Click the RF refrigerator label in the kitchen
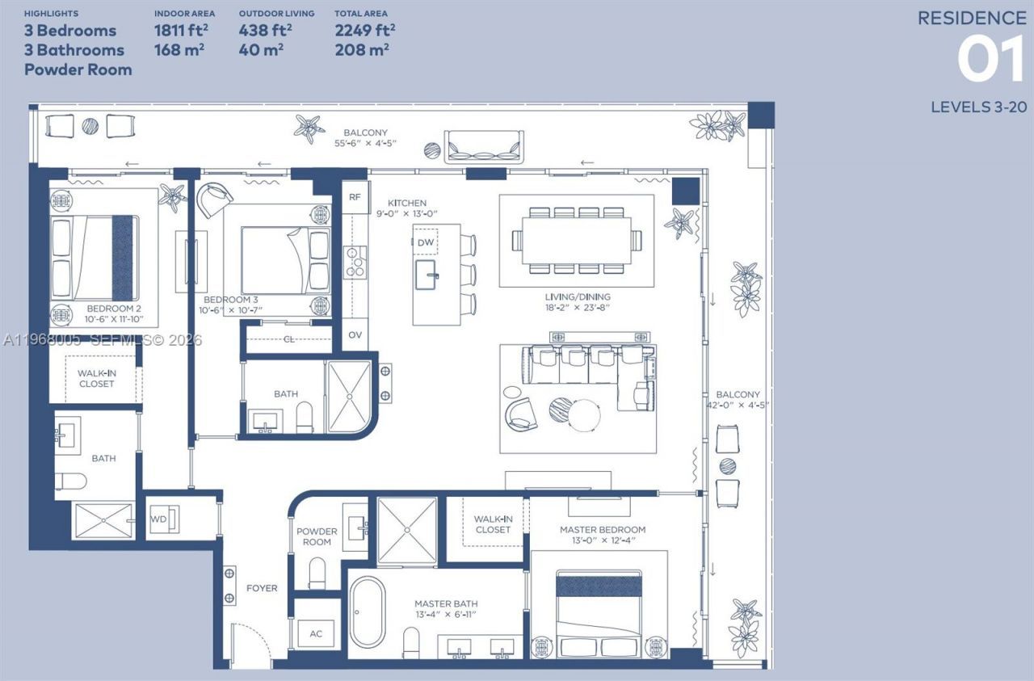point(354,197)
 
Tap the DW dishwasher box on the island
point(426,242)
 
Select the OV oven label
point(354,334)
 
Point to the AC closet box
point(316,633)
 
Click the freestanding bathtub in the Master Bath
point(368,612)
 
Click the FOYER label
point(262,588)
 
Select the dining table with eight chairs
point(577,240)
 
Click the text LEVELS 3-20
point(977,107)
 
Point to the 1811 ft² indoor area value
point(179,31)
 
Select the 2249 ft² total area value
point(364,31)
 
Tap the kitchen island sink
point(428,275)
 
